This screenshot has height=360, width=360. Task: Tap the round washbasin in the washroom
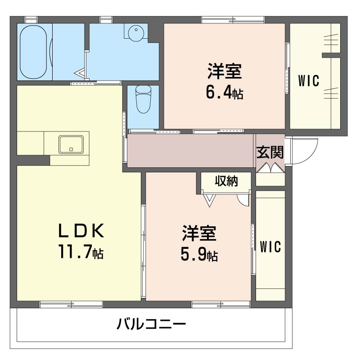tap(135, 33)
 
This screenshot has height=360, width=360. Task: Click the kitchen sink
tap(71, 144)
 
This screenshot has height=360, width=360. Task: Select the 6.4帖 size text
tap(225, 92)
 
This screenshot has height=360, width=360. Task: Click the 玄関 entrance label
tap(270, 152)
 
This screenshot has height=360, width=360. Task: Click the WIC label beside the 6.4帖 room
tap(309, 81)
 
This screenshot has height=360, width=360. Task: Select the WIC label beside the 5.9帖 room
tap(270, 247)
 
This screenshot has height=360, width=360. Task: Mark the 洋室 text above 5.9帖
tap(199, 234)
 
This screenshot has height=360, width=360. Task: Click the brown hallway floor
tap(189, 151)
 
